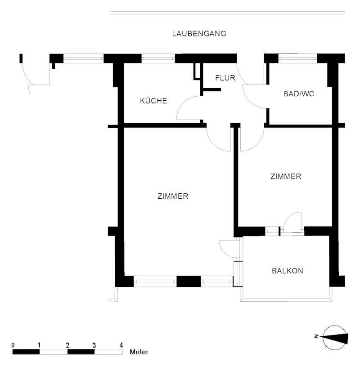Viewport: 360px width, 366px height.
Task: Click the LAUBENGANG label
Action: tap(199, 33)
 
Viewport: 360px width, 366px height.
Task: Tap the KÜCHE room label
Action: tap(153, 101)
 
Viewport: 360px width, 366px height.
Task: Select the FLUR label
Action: tap(225, 78)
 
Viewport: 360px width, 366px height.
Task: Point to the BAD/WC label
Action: tap(298, 94)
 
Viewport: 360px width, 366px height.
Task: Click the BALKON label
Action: tap(287, 271)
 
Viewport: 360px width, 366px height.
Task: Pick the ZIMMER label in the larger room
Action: tap(173, 196)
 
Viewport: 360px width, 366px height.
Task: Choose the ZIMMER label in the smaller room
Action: tap(285, 177)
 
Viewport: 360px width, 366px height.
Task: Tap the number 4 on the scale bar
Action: tap(121, 345)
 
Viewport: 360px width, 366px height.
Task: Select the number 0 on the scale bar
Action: tap(13, 345)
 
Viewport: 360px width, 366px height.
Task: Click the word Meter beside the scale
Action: tap(139, 352)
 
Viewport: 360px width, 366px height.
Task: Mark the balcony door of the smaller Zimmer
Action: tap(292, 223)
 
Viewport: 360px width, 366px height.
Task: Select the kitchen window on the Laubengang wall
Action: tap(158, 58)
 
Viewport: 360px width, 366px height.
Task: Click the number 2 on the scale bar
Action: tap(67, 345)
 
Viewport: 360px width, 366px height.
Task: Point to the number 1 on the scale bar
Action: tap(40, 345)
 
